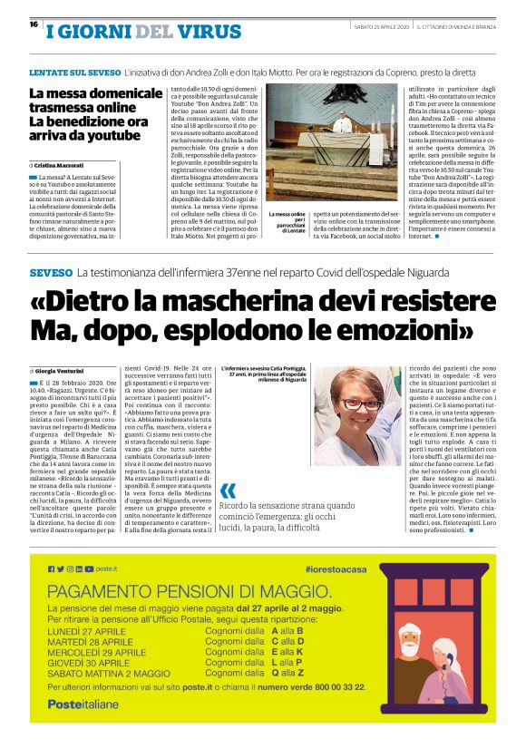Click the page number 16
(x=33, y=24)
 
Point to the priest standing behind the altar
(x=342, y=124)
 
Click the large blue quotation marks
(x=228, y=492)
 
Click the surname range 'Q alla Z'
(x=287, y=674)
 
